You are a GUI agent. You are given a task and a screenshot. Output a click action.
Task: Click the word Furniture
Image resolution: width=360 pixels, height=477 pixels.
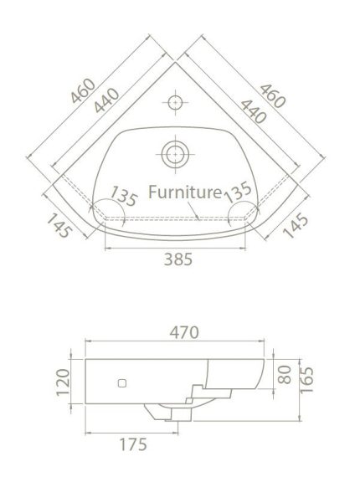(x=185, y=192)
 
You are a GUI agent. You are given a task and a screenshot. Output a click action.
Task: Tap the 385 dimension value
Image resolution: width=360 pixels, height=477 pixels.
(x=178, y=259)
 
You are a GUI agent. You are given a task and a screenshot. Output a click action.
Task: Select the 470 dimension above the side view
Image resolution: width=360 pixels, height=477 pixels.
(x=184, y=332)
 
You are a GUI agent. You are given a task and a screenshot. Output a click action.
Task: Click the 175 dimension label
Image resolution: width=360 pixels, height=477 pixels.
(x=133, y=444)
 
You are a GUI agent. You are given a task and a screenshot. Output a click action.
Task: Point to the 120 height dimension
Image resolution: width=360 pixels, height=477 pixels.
(x=64, y=382)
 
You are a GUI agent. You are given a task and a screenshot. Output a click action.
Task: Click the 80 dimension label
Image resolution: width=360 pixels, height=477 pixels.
(x=285, y=374)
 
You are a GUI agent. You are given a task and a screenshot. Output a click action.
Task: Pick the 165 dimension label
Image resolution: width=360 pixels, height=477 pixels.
(x=306, y=380)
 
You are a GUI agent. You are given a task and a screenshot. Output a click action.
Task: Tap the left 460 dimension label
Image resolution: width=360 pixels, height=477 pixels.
(x=84, y=90)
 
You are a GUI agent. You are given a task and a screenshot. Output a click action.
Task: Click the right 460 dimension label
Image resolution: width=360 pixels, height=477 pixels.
(x=273, y=96)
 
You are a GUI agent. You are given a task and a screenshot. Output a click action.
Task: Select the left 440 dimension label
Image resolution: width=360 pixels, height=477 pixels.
(x=106, y=100)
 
